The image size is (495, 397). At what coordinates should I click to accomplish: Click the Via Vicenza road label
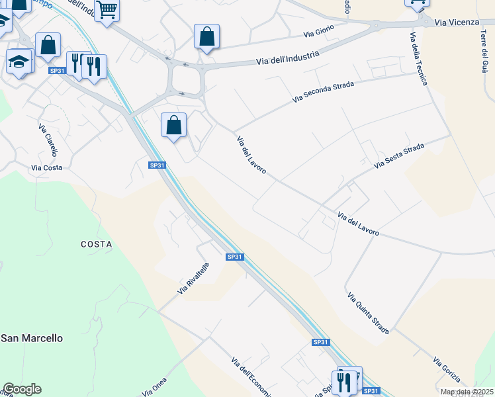tap(457, 22)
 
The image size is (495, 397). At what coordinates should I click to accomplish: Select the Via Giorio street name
tap(319, 31)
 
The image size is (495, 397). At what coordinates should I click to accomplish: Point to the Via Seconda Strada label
tap(323, 92)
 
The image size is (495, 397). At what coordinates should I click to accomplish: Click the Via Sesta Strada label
tap(398, 155)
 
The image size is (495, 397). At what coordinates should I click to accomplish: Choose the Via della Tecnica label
tap(418, 59)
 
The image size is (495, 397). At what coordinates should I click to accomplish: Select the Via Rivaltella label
tap(193, 279)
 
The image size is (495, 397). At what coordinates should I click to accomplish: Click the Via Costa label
tap(46, 167)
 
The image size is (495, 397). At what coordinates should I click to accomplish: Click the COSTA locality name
tap(97, 244)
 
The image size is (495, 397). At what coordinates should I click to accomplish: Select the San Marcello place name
tap(32, 338)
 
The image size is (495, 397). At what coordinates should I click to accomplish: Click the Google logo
tap(22, 389)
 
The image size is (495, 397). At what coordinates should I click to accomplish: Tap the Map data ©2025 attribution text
tap(467, 392)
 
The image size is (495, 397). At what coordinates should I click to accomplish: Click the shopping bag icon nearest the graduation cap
tap(48, 46)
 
